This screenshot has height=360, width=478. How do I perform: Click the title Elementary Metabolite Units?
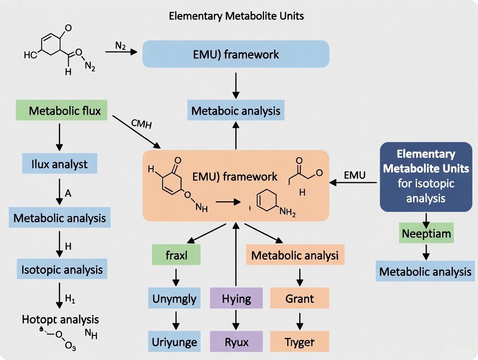236,16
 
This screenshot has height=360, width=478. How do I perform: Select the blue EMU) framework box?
236,54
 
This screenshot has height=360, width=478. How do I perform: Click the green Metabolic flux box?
65,111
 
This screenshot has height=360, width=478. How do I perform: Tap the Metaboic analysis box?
236,111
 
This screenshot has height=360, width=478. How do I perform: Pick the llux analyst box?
59,164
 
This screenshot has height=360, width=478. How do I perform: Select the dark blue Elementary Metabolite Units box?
426,177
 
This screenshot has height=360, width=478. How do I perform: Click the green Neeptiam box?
426,234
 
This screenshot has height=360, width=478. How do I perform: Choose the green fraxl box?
176,255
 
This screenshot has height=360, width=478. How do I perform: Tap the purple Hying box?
236,299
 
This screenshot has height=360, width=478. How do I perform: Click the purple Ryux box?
236,342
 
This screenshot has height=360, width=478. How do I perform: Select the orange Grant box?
300,299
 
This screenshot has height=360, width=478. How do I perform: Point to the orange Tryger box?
300,342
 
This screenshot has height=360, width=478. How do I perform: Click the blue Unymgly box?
174,299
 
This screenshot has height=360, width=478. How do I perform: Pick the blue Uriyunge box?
174,342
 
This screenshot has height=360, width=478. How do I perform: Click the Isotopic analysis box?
62,270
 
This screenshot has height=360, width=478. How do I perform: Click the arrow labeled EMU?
354,183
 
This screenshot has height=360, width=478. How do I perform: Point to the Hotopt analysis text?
60,320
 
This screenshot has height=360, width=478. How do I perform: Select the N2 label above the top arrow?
120,45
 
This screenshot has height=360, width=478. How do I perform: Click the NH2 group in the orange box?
287,212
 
